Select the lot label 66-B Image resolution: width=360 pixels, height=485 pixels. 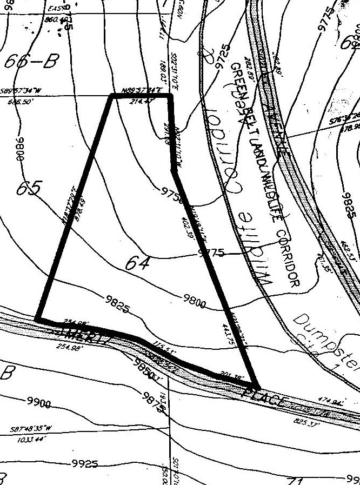click(x=30, y=63)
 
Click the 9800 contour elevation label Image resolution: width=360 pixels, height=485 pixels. click(x=195, y=304)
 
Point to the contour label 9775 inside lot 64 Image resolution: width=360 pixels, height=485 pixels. click(x=211, y=253)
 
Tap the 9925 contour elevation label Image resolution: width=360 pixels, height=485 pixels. click(x=84, y=464)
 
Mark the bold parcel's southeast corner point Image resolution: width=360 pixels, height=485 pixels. click(x=257, y=387)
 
